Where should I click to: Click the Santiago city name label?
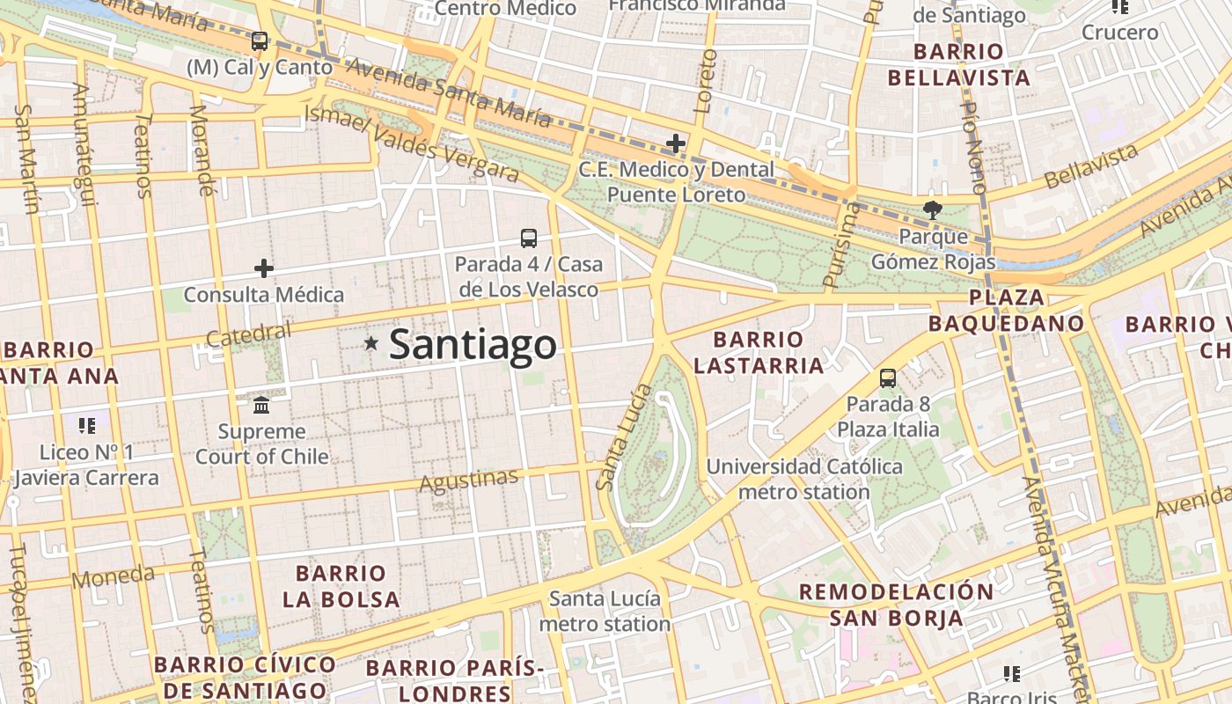pyautogui.click(x=473, y=344)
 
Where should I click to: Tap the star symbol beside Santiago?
pyautogui.click(x=371, y=343)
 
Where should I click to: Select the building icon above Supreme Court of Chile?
pyautogui.click(x=261, y=406)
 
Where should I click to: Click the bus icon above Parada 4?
pyautogui.click(x=528, y=238)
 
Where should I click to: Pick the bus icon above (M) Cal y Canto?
pyautogui.click(x=259, y=40)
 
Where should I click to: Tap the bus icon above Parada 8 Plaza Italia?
pyautogui.click(x=887, y=378)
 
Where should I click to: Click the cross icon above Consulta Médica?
pyautogui.click(x=263, y=268)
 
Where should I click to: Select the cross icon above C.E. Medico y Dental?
pyautogui.click(x=675, y=143)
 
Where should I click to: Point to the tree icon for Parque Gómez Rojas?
pyautogui.click(x=932, y=210)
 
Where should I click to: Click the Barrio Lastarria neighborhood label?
pyautogui.click(x=758, y=352)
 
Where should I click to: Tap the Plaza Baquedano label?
pyautogui.click(x=1007, y=311)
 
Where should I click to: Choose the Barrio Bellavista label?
pyautogui.click(x=958, y=65)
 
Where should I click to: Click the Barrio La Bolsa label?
pyautogui.click(x=341, y=586)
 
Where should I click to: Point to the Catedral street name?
pyautogui.click(x=248, y=334)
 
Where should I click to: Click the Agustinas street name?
pyautogui.click(x=469, y=480)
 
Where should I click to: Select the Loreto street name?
pyautogui.click(x=705, y=81)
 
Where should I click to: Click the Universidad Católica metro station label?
pyautogui.click(x=803, y=479)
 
